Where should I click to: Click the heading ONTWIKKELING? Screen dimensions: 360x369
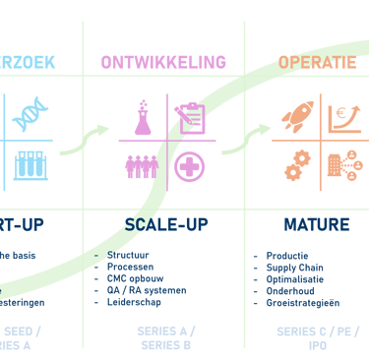tap(163, 63)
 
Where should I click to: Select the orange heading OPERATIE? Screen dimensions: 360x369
tap(317, 63)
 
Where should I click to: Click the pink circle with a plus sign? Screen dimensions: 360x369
tap(189, 165)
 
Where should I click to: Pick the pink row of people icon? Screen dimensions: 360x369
tap(143, 166)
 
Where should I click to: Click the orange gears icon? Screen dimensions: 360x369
tap(295, 166)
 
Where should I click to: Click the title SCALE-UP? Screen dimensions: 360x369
tap(163, 224)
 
